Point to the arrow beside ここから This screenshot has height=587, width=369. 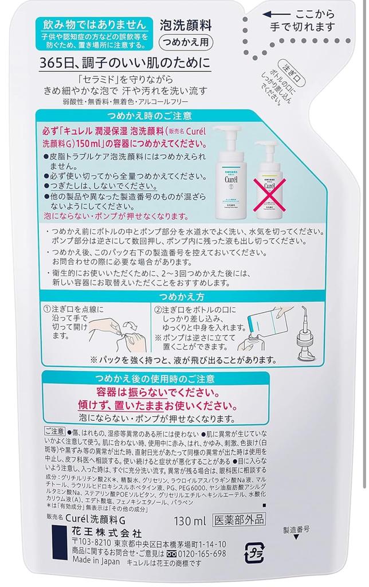[x=278, y=14]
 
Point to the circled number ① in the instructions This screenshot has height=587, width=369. [x=47, y=310]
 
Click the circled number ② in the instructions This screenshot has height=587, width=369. [x=158, y=310]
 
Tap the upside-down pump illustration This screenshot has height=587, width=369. [x=310, y=332]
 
